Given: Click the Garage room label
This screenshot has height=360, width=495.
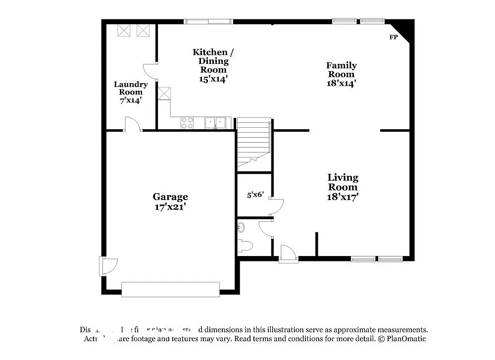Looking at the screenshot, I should (170, 197).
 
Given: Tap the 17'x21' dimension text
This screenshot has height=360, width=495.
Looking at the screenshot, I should (170, 206).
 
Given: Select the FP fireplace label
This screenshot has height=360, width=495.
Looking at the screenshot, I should (394, 38).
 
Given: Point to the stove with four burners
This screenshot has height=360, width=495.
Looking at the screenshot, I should (187, 123).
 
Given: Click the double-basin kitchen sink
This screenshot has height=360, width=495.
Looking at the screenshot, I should (215, 122).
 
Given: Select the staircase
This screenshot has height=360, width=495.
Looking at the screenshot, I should (253, 144).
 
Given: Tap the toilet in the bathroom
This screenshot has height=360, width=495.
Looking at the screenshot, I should (246, 245).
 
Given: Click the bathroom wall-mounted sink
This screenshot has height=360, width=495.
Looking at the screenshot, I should (241, 227).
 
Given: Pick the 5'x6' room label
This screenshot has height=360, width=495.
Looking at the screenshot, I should (255, 195).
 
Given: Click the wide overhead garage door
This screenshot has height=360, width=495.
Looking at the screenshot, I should (170, 289).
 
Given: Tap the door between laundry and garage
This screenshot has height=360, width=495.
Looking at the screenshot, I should (133, 124).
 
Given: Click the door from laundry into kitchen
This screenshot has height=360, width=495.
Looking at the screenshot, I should (150, 71).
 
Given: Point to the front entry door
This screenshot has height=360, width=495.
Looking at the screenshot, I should (288, 253).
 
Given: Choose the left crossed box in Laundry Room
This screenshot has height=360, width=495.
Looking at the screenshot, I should (123, 31).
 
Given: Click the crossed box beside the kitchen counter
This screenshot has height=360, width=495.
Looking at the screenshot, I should (164, 93).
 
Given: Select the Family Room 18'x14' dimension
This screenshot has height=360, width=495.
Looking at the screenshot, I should (342, 84).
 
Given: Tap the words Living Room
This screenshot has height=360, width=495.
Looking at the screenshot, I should (343, 182).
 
